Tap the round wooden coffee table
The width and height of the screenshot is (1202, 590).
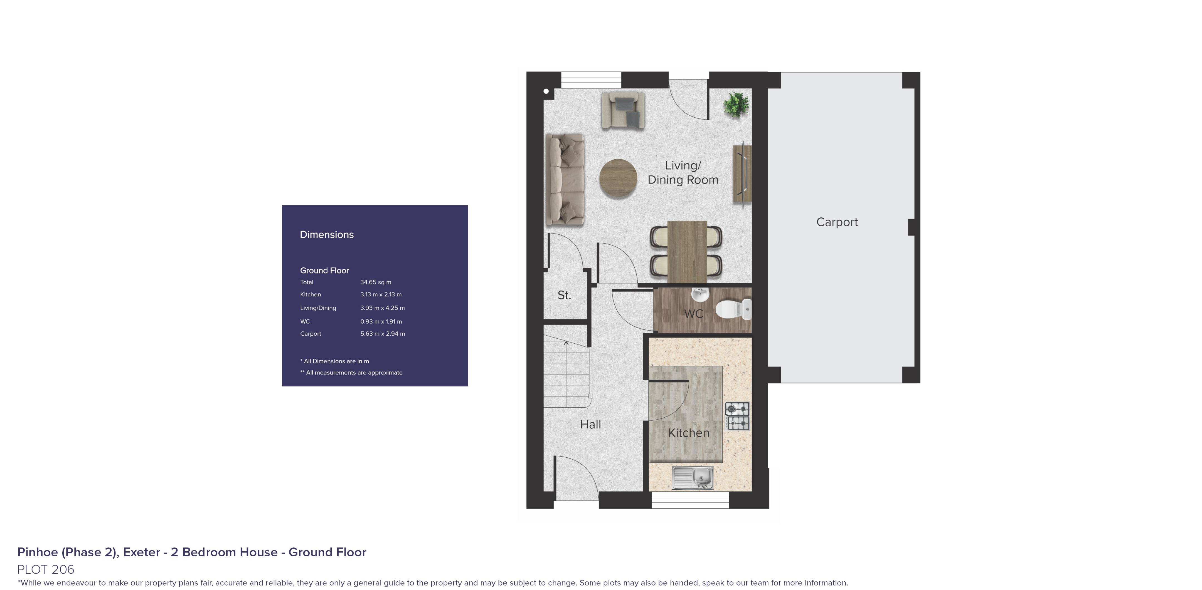(x=618, y=178)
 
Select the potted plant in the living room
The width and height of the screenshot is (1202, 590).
(x=736, y=105)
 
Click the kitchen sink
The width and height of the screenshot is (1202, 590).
(x=693, y=477)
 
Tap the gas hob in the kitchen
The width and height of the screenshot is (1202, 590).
(x=737, y=416)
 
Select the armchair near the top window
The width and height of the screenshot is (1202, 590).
(x=623, y=110)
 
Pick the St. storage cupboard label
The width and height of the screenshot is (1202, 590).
(x=564, y=295)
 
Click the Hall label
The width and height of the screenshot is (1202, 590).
(x=590, y=424)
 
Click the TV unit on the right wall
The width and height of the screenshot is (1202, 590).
(x=742, y=174)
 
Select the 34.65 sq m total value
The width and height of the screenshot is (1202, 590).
(x=376, y=282)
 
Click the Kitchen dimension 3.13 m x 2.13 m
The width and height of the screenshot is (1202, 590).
(x=381, y=294)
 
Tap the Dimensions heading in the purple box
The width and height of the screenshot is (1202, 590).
(x=327, y=235)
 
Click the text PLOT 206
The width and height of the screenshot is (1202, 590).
(x=46, y=569)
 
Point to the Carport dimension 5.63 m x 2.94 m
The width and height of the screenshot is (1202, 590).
(x=383, y=333)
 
